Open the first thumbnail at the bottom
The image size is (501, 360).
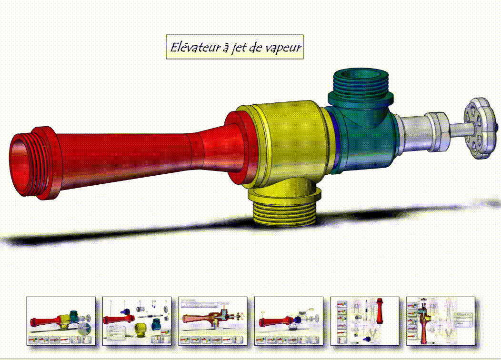point(61,320)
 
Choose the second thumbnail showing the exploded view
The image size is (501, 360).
point(137,320)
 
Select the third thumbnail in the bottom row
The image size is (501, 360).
point(213,320)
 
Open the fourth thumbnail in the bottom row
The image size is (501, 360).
point(289,320)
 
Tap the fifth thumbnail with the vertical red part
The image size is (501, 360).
point(365,320)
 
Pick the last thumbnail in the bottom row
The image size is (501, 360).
point(441,320)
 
